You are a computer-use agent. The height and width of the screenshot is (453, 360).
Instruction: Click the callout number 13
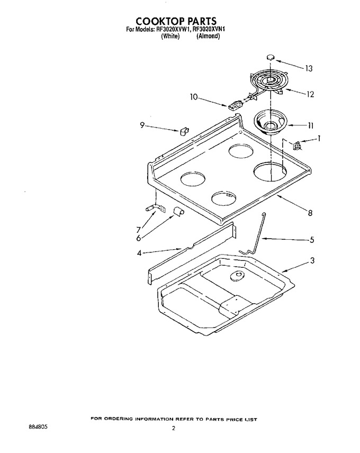309,68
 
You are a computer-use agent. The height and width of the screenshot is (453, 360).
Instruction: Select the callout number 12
310,95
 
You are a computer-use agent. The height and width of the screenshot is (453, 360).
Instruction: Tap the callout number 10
194,97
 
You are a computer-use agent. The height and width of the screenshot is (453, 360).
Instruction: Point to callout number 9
142,125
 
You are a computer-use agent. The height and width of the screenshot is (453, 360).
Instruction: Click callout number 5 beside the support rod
312,240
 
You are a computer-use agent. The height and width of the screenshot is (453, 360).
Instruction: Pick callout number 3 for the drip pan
312,260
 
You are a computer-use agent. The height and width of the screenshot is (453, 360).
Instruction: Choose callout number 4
139,253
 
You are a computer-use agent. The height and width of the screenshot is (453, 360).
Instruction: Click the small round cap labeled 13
271,57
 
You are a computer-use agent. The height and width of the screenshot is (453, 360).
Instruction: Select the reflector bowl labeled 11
271,123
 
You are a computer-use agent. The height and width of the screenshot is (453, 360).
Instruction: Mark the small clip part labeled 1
298,145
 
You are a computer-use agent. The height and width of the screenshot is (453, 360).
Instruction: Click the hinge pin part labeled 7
154,209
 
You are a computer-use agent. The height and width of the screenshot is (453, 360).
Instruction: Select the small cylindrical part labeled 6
178,211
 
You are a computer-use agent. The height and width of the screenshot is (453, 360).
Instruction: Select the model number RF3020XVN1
209,29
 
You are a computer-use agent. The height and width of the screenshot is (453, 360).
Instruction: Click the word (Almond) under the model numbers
208,36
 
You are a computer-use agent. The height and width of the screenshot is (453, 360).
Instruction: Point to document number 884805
36,418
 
